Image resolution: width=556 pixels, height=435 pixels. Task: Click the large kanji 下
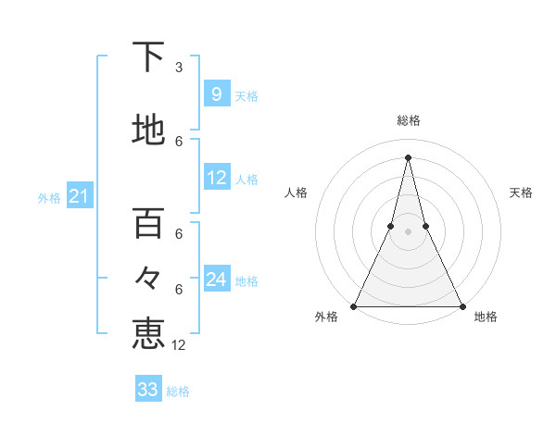148,58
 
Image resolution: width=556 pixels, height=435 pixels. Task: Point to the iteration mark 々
148,278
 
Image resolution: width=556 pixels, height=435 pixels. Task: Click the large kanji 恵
148,333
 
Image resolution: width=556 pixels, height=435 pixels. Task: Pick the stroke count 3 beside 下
179,68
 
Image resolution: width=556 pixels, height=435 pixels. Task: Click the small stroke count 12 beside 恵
179,345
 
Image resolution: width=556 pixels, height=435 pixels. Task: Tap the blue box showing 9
217,94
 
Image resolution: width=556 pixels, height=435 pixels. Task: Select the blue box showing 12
217,179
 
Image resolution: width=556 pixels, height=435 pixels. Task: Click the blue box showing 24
217,280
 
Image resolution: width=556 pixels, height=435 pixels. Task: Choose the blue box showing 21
79,196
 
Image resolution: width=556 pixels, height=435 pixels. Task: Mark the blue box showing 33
148,390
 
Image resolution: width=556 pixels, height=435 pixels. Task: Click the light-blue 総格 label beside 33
178,391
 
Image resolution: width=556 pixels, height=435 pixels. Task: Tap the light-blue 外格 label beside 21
48,198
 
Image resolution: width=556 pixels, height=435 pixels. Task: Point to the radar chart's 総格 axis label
408,120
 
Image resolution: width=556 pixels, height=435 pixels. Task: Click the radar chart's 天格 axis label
521,193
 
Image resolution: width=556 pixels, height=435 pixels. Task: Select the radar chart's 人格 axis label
296,193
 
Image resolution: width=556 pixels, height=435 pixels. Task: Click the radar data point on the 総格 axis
408,157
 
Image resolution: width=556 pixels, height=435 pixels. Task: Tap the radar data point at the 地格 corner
461,305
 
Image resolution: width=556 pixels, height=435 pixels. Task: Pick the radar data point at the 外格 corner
354,305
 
